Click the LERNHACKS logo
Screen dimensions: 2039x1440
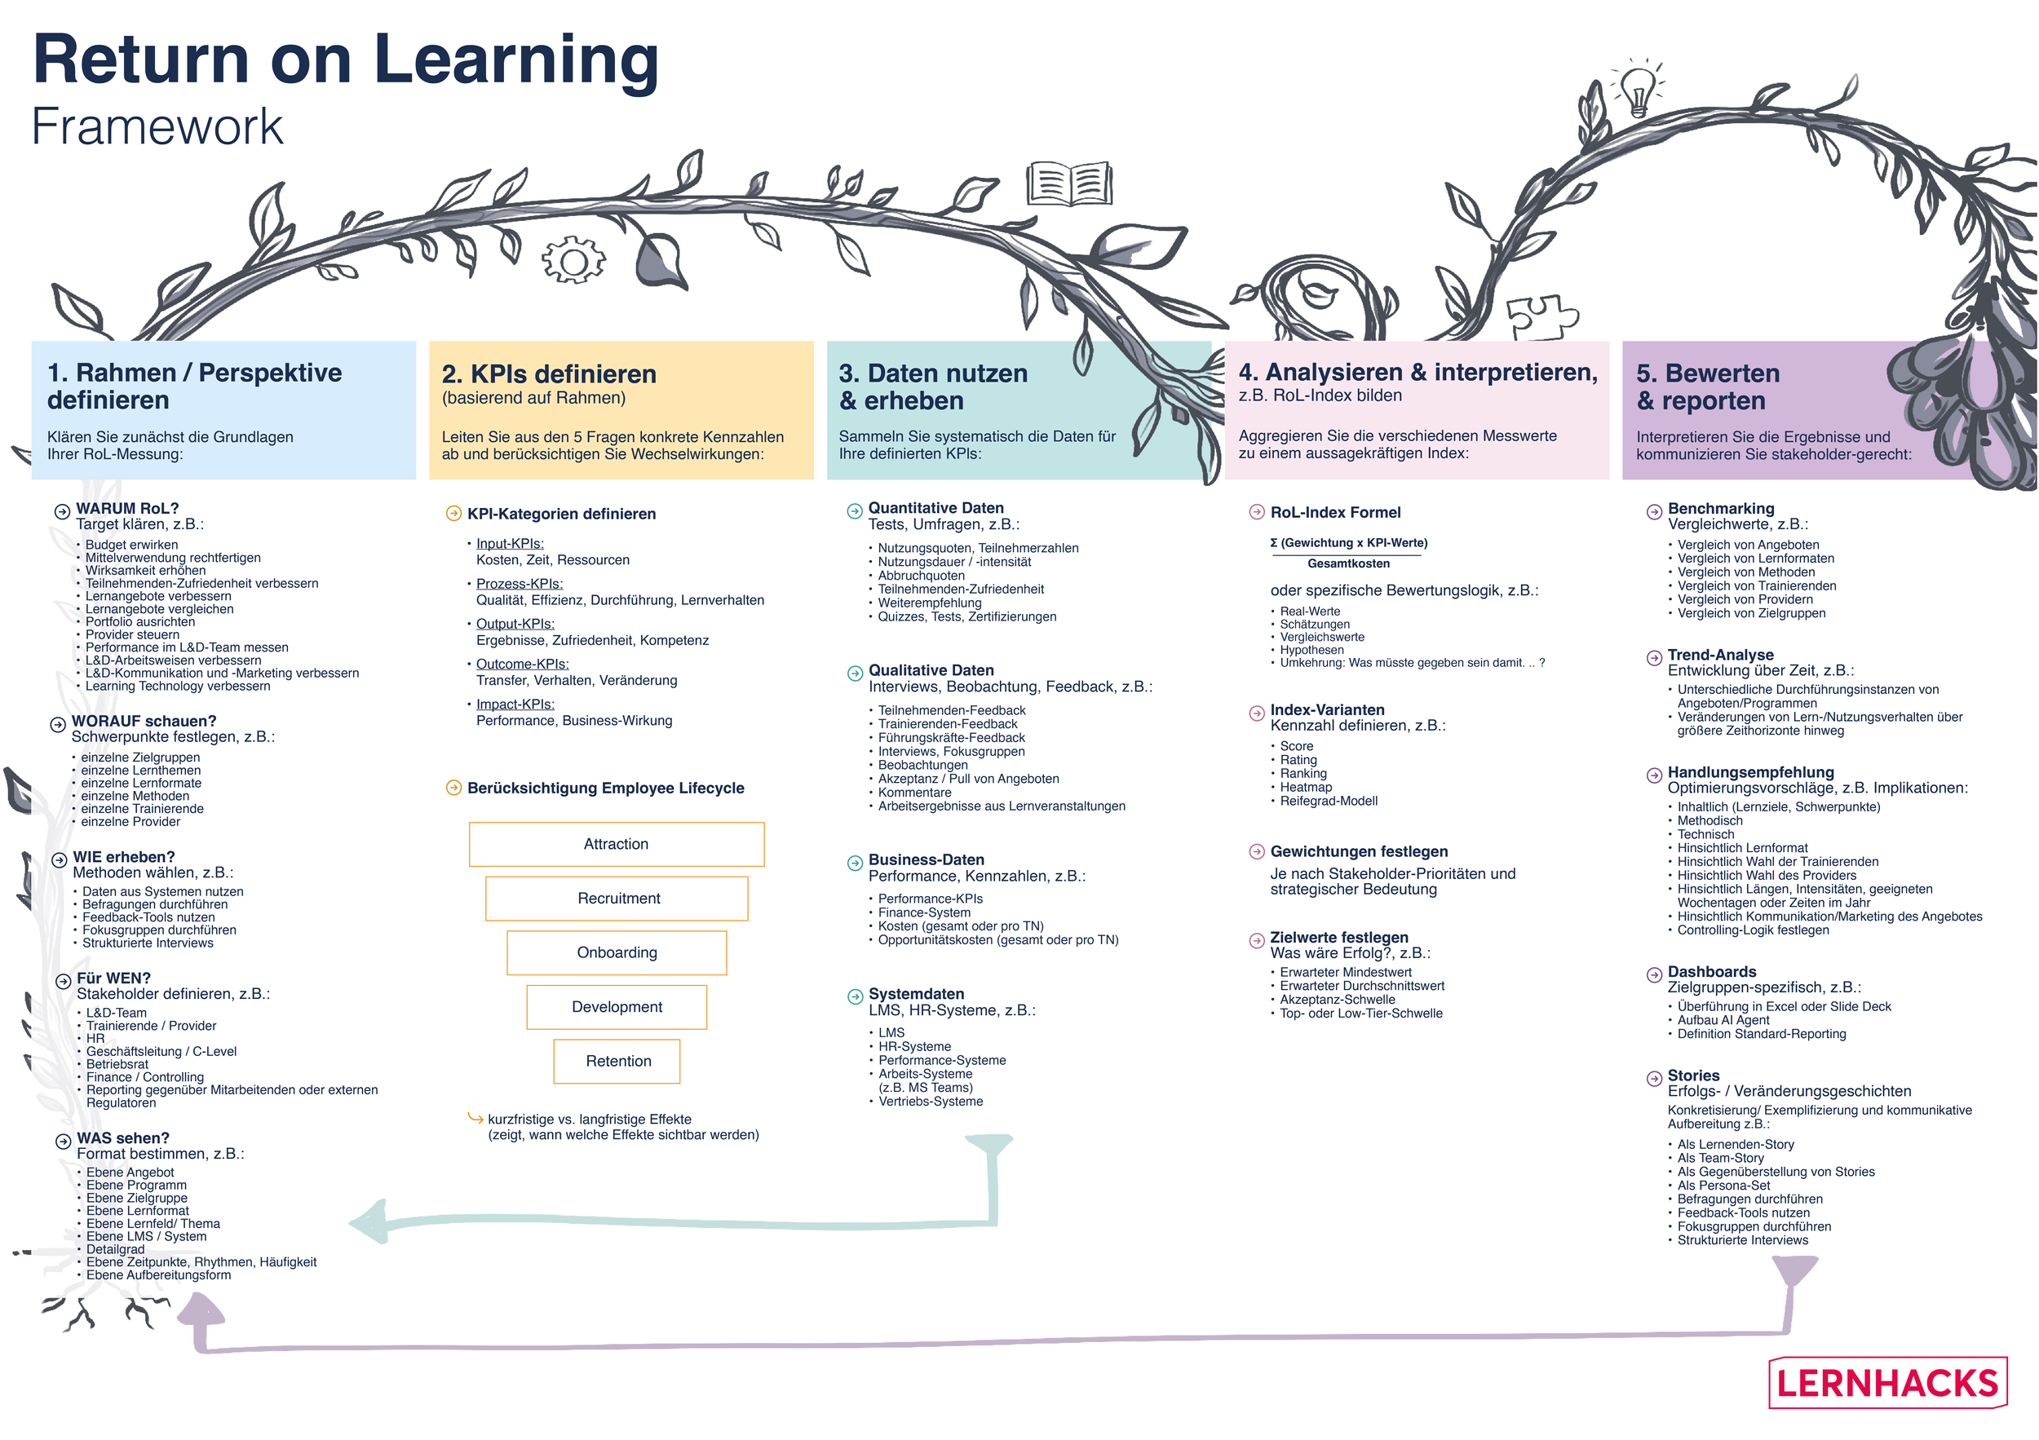point(1887,1383)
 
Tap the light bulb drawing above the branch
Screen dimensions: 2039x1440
point(1636,89)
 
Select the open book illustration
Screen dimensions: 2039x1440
point(1069,184)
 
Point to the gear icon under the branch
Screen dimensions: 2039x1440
point(573,261)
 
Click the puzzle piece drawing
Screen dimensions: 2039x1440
point(1541,316)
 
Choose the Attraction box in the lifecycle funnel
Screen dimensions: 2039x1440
point(617,844)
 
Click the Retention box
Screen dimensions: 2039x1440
point(617,1061)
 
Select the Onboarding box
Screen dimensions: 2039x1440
point(617,952)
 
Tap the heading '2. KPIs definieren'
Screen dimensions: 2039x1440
point(549,373)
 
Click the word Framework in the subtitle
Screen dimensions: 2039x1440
point(157,127)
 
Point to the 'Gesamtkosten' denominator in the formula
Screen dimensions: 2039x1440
point(1348,563)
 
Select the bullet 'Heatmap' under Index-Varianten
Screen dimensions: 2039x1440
point(1306,788)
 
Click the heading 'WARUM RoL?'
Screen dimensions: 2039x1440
point(127,509)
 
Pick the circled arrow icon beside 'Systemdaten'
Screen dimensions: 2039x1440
point(854,996)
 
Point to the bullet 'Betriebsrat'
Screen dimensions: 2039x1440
point(117,1064)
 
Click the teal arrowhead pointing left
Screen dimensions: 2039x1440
point(369,1223)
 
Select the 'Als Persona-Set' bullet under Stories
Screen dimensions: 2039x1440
point(1723,1186)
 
